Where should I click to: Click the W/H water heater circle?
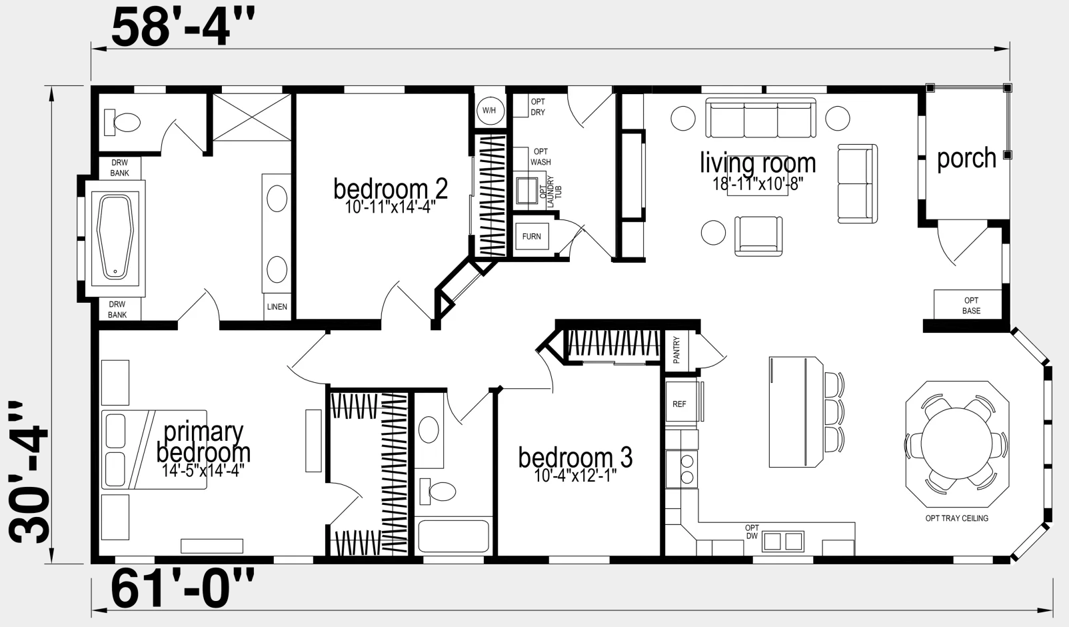[490, 111]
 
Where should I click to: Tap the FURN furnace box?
[532, 236]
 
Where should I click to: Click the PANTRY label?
[676, 350]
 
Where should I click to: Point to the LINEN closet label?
[277, 307]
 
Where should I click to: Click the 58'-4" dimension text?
[183, 29]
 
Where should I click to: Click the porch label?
[966, 159]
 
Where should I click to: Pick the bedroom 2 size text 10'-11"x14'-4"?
[391, 207]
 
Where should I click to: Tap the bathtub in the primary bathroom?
[115, 237]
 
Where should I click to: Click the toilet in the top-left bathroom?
[122, 122]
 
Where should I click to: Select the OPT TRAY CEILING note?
[957, 518]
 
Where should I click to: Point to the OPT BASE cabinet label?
[971, 305]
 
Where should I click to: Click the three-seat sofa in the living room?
[760, 118]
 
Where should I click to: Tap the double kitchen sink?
[783, 542]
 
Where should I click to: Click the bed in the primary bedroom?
[154, 450]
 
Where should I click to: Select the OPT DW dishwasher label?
[752, 532]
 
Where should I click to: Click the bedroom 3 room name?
[576, 457]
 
